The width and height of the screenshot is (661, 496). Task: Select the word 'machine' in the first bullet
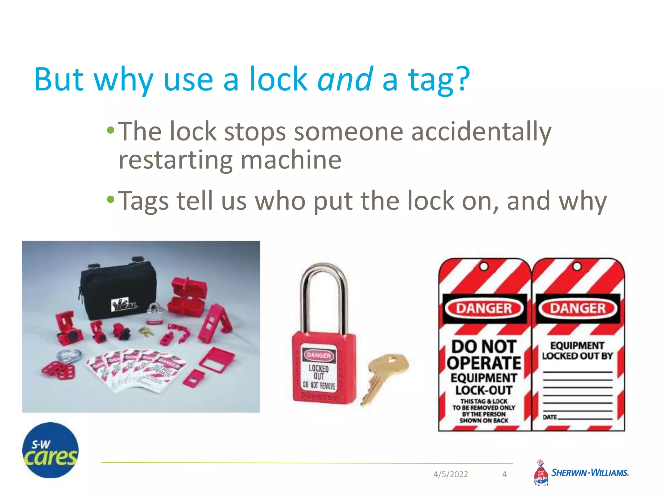(x=291, y=160)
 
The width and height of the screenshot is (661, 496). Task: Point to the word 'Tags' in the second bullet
(x=143, y=201)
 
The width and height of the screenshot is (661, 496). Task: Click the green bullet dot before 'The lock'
(x=111, y=130)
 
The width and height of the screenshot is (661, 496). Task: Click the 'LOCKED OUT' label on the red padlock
(x=319, y=372)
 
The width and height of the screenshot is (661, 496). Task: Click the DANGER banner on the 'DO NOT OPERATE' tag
(x=484, y=308)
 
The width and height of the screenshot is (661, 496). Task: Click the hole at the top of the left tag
(x=484, y=267)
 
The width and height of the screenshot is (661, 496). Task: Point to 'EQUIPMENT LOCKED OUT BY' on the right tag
(x=577, y=351)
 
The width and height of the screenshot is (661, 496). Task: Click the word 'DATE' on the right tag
(x=550, y=417)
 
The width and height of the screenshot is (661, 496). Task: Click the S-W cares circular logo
(x=50, y=450)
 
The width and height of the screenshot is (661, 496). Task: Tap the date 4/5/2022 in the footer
(x=451, y=474)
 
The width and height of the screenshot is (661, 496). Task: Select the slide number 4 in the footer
(x=504, y=474)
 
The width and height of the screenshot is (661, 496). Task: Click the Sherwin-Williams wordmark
(x=590, y=473)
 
